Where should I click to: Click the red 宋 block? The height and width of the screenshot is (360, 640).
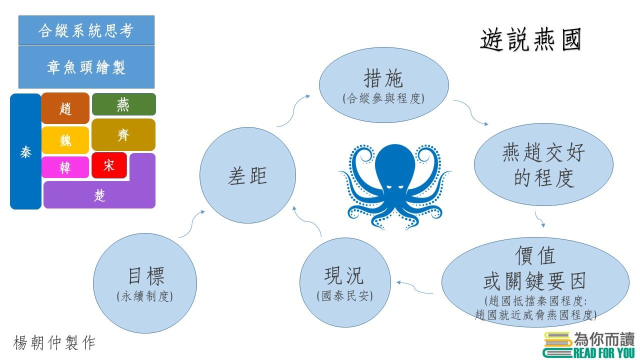click(x=109, y=165)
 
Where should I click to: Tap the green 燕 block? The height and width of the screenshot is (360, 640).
click(x=123, y=104)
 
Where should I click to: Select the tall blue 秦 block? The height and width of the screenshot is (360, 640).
click(x=25, y=151)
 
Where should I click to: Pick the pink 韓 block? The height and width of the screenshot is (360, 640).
click(x=65, y=167)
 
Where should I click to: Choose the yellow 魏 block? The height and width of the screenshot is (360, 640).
click(x=65, y=140)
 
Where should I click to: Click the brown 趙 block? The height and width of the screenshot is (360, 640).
click(x=65, y=108)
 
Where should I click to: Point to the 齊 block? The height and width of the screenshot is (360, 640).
click(x=123, y=135)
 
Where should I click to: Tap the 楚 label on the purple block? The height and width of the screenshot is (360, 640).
click(x=99, y=195)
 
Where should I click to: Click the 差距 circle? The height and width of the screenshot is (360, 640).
click(x=247, y=175)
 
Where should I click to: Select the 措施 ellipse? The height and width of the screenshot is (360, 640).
click(x=383, y=85)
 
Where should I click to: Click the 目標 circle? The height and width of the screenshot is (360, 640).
click(x=145, y=283)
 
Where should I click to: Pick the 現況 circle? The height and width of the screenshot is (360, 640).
click(x=345, y=282)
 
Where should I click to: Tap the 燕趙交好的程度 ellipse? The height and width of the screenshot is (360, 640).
click(x=543, y=164)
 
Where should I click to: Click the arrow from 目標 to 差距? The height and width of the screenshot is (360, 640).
click(x=191, y=223)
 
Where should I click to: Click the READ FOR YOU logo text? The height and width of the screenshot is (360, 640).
click(x=603, y=353)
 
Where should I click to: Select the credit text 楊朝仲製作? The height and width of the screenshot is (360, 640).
click(x=54, y=342)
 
